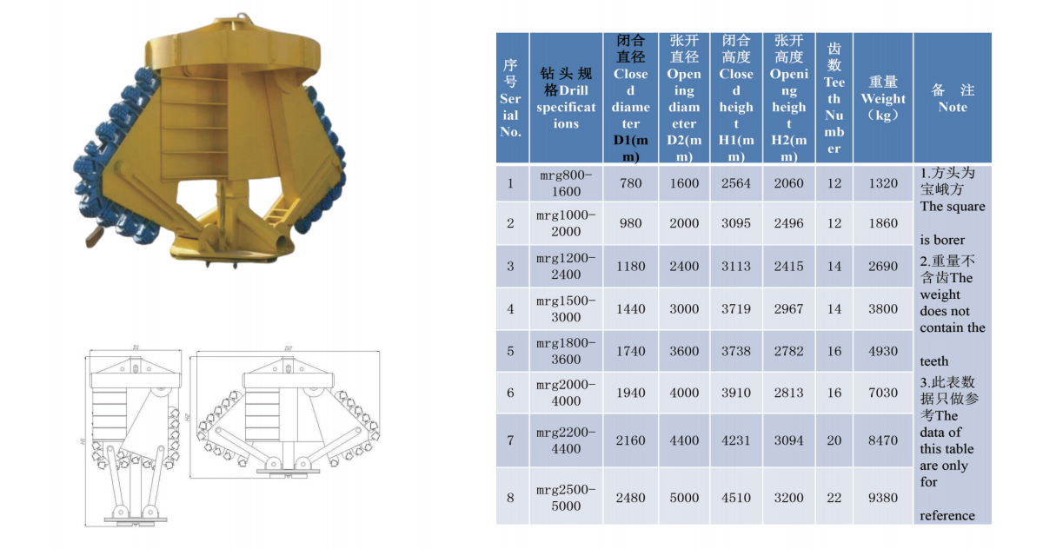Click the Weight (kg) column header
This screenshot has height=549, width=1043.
point(883,98)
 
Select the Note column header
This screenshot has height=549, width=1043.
point(953,98)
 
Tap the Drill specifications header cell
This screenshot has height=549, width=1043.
point(566,98)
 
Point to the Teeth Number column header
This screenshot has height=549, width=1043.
point(834,98)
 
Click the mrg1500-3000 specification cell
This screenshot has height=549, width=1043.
point(566,309)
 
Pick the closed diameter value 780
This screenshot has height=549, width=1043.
point(630,183)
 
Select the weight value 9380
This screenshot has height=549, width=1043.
point(883,498)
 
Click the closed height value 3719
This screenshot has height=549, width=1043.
point(735,309)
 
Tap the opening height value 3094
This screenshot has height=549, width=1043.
point(789,440)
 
